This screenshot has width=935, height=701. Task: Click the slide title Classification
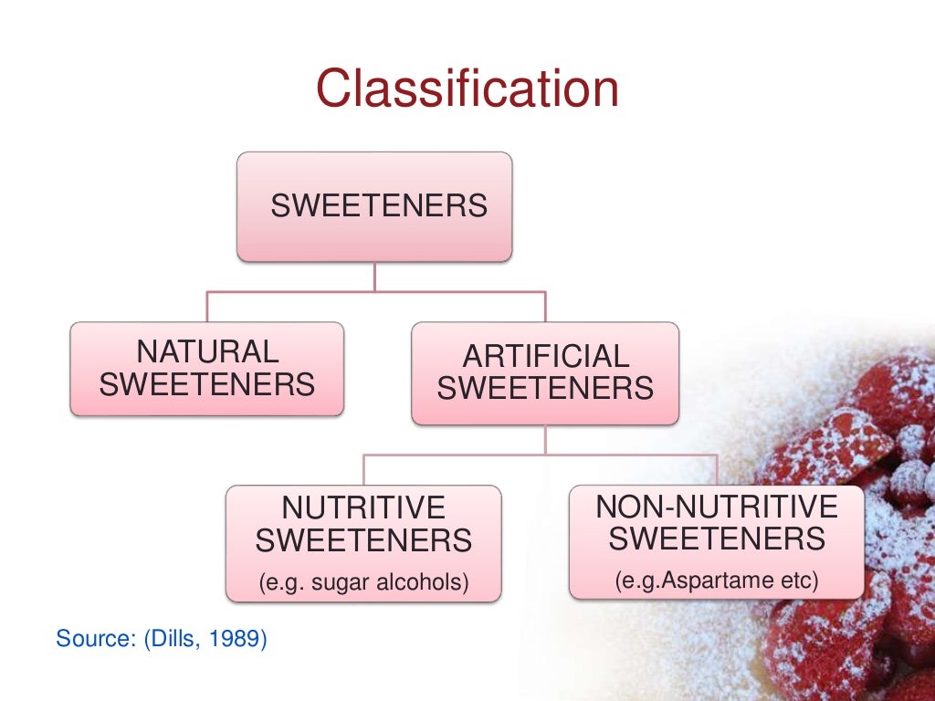[467, 89]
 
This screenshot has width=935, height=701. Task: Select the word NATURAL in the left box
[207, 351]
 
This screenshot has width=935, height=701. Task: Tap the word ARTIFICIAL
[545, 356]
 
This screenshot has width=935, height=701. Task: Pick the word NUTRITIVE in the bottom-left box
[363, 507]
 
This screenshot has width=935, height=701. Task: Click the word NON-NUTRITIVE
[716, 506]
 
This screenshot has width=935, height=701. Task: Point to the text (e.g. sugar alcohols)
[363, 581]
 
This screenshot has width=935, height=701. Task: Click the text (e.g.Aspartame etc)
[716, 579]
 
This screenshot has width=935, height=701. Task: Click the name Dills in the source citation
[170, 638]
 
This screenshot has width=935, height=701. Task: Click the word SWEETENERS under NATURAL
[207, 384]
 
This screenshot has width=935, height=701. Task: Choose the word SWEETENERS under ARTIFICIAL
[545, 389]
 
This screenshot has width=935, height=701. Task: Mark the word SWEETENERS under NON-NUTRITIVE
[716, 539]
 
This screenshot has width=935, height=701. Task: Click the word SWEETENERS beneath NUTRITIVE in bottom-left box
[363, 541]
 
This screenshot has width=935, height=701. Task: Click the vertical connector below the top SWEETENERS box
[375, 277]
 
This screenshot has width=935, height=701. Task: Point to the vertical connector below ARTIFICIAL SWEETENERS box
[545, 439]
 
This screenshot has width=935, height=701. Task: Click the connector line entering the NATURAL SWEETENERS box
[207, 308]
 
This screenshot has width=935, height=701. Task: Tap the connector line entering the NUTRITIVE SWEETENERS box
[364, 469]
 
